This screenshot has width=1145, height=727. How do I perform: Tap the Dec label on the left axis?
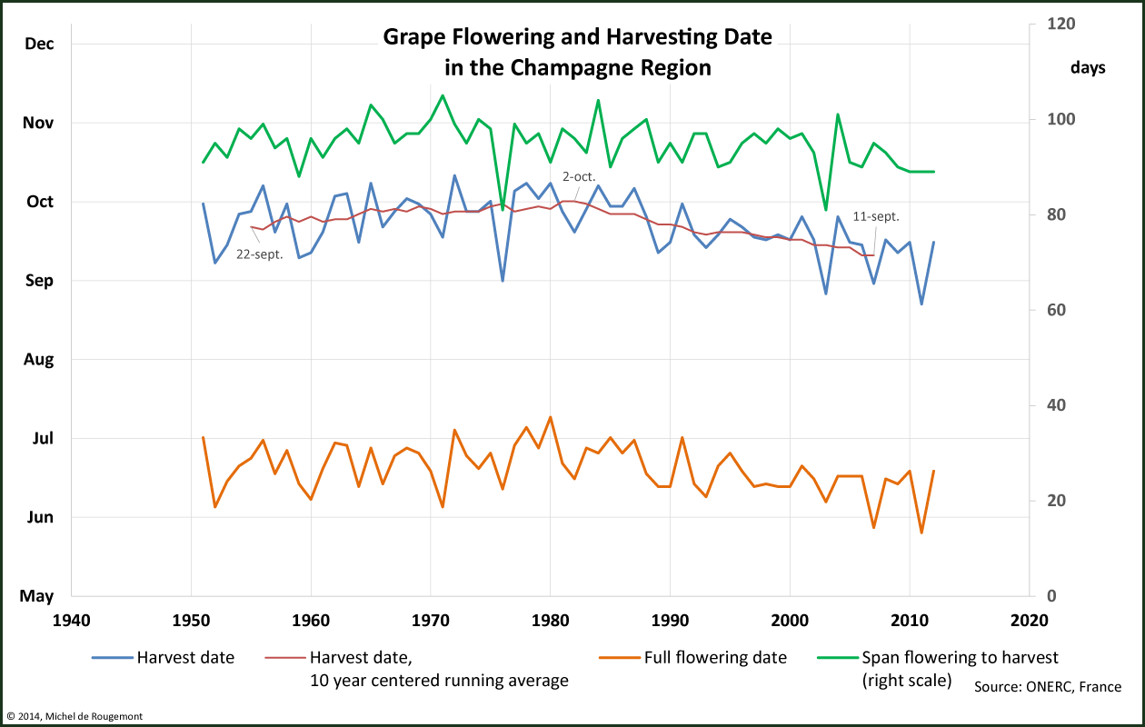click(x=38, y=43)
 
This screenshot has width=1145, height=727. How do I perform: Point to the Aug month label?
click(x=38, y=359)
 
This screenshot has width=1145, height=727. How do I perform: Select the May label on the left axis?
click(x=37, y=596)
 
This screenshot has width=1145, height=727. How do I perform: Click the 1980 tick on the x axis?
click(x=550, y=621)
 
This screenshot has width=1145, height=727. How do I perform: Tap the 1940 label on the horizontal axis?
click(x=71, y=621)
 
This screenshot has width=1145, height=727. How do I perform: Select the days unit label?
click(x=1088, y=68)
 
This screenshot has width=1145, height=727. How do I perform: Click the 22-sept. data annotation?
click(x=259, y=255)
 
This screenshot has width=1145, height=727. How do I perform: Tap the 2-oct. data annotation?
click(x=579, y=176)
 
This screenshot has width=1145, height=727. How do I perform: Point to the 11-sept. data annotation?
click(x=876, y=216)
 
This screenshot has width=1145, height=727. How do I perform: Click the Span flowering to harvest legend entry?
click(x=960, y=657)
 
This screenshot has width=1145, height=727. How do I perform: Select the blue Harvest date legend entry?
click(x=185, y=657)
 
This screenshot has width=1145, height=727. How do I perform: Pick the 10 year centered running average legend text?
click(x=439, y=680)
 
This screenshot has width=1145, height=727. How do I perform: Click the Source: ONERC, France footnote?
click(x=1047, y=687)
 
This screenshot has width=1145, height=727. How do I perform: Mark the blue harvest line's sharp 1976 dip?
click(x=503, y=280)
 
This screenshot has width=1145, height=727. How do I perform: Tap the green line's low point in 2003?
click(x=825, y=210)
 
